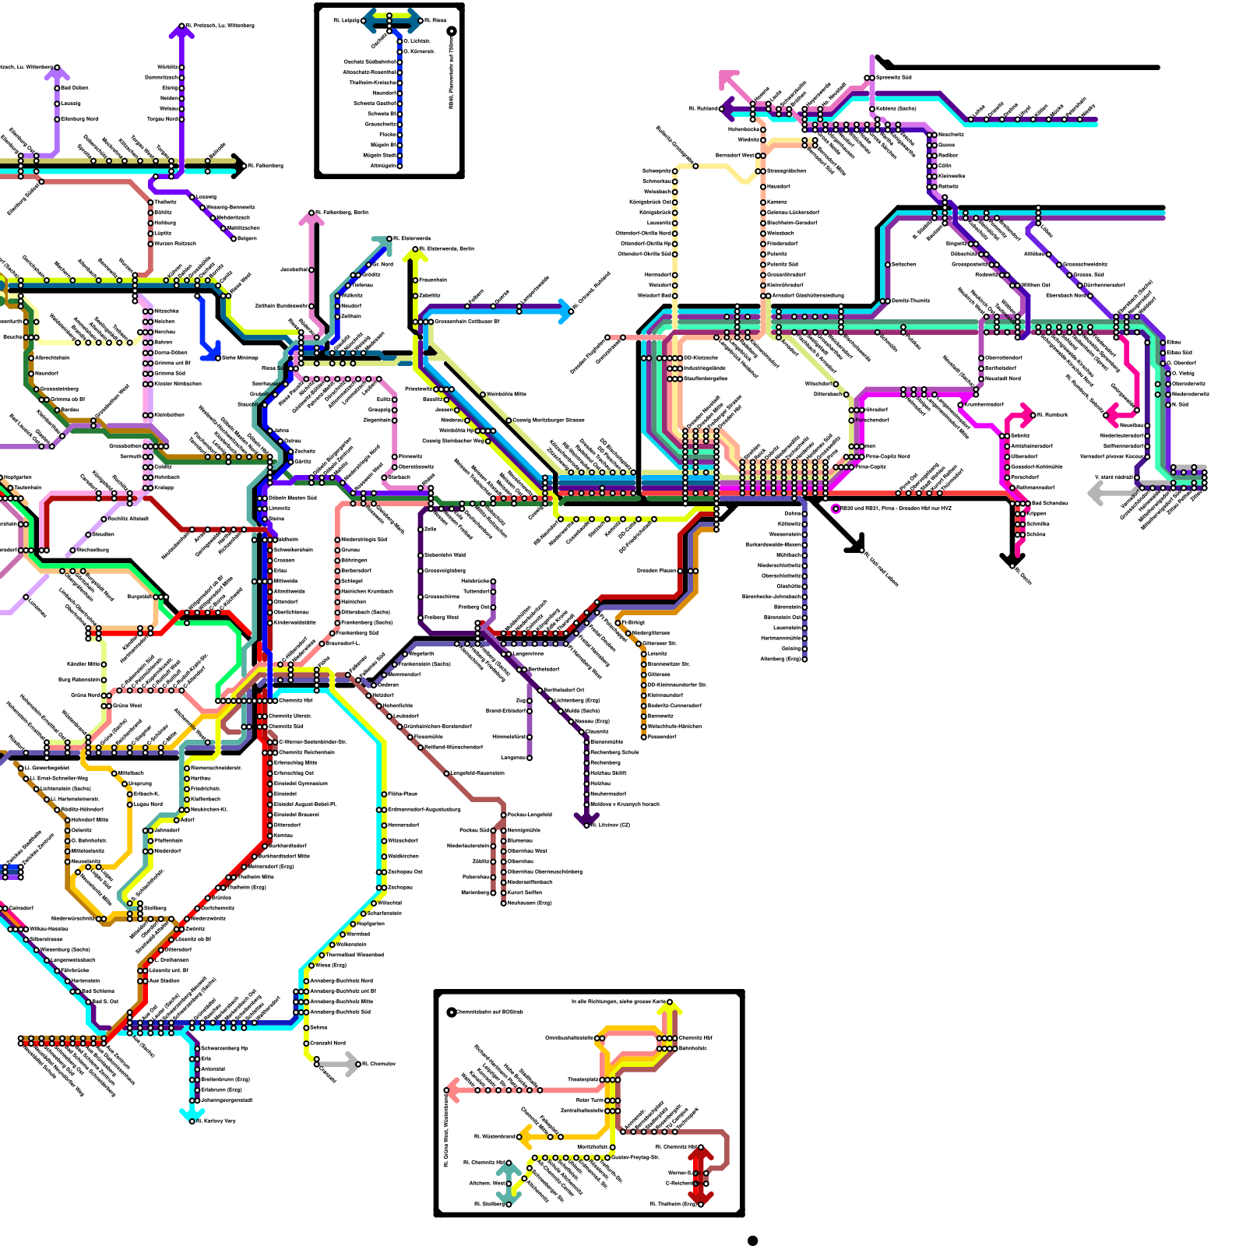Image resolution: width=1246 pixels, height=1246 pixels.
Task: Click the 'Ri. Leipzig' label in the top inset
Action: tap(347, 20)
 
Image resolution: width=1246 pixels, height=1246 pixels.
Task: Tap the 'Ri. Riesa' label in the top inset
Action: tap(435, 20)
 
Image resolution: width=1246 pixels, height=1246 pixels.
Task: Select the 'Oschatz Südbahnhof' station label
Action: tap(370, 62)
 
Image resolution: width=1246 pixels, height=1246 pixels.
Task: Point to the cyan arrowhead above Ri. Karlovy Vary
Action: tap(188, 1110)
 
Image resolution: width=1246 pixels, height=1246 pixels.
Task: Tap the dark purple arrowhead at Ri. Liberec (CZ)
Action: tap(586, 819)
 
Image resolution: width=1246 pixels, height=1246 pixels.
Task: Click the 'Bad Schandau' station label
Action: tap(1050, 503)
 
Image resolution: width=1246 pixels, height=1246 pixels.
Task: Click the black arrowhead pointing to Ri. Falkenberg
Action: tap(238, 166)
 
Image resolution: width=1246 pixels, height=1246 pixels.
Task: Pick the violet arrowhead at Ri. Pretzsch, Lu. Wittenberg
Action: tap(181, 31)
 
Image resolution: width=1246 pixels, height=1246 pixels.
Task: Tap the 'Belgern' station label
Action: tap(247, 238)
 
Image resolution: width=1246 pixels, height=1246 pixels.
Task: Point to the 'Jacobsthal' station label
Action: tap(294, 269)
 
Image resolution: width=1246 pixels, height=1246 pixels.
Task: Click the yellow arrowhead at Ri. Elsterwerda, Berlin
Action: tap(415, 254)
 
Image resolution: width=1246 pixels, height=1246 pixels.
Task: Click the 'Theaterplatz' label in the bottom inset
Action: tap(583, 1079)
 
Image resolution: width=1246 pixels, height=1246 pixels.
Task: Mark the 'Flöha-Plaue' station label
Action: tap(403, 794)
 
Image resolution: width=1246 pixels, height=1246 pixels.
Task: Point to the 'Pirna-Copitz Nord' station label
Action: tap(888, 456)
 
